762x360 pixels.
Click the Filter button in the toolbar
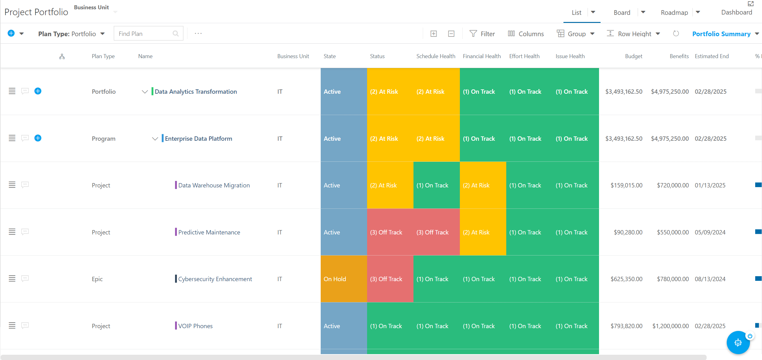[x=482, y=34]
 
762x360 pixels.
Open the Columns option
[x=526, y=34]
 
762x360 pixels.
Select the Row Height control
[x=633, y=34]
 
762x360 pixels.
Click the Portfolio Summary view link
[x=721, y=34]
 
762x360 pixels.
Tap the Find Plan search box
[x=148, y=33]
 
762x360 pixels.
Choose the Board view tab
[x=622, y=12]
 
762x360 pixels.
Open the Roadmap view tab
[x=674, y=12]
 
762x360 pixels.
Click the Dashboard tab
[x=737, y=12]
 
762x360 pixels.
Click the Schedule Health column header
[x=436, y=56]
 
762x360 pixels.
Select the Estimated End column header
[x=712, y=56]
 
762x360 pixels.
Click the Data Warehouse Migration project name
[x=214, y=185]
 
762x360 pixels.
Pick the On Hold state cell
[x=344, y=279]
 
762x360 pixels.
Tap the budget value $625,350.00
[x=626, y=279]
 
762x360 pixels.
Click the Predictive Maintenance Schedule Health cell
[x=437, y=232]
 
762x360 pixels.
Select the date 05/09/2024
[x=710, y=232]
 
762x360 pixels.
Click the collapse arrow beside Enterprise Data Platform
[x=155, y=139]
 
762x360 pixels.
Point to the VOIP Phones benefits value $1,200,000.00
[x=670, y=326]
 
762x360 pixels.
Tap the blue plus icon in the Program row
[x=38, y=138]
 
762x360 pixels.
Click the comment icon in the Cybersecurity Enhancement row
[x=25, y=278]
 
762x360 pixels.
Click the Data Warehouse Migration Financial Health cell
[x=483, y=185]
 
